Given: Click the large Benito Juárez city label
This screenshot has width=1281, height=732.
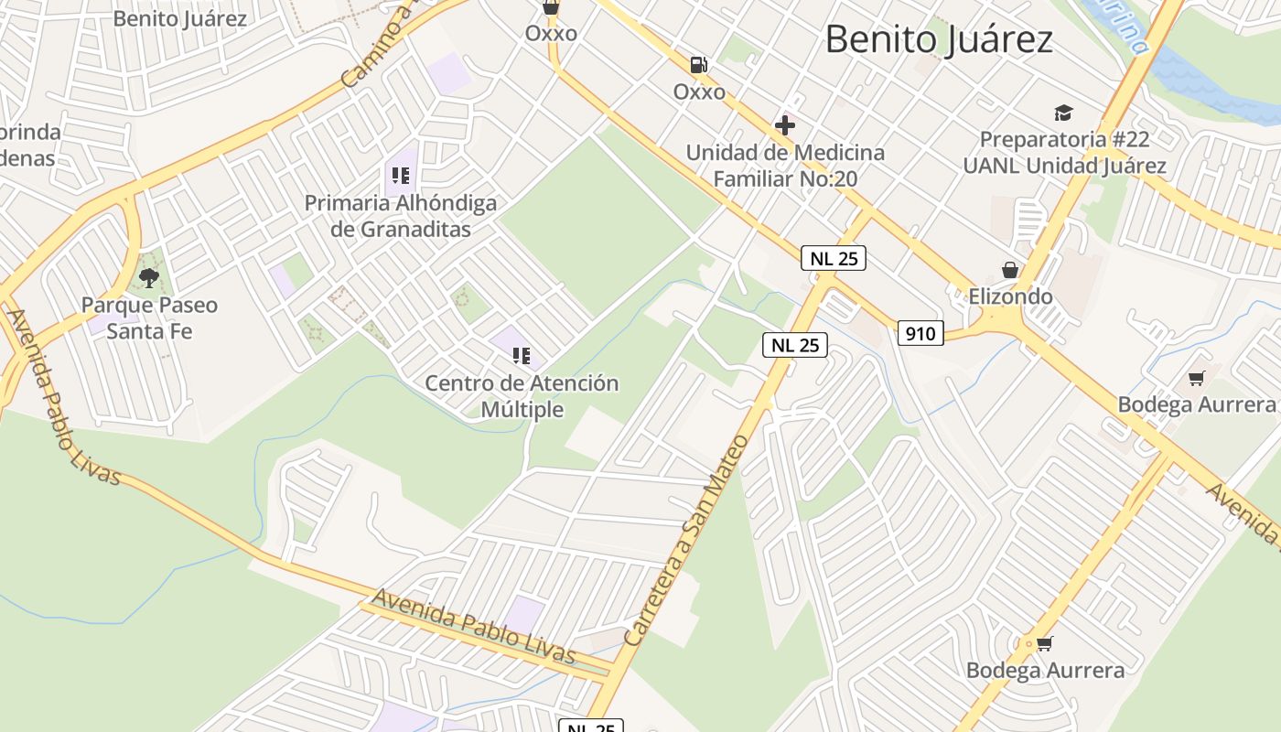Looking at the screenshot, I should tap(939, 40).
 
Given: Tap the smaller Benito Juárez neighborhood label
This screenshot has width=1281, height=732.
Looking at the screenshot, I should tap(180, 18).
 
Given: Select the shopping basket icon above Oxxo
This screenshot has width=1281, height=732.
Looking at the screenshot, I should tap(551, 7).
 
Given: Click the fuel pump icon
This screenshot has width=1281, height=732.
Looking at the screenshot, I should tap(699, 65).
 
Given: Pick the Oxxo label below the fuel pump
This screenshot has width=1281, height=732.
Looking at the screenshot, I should tap(699, 91).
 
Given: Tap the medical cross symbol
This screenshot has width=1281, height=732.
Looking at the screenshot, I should tap(785, 125).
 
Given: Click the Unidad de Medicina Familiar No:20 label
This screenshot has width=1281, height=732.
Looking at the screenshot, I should tap(785, 166).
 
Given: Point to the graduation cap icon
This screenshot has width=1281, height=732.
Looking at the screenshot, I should tap(1063, 113).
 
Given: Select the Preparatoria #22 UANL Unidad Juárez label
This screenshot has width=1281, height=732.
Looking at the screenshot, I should tap(1064, 153).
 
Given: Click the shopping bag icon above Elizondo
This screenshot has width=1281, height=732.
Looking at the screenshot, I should tap(1010, 270).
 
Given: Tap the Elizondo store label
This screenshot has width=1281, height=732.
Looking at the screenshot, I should tap(1010, 296).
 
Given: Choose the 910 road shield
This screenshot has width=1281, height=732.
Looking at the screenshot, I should tap(920, 333).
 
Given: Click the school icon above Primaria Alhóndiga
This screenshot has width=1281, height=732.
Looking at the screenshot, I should tap(400, 176).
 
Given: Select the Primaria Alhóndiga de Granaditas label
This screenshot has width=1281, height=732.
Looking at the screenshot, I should tap(401, 216).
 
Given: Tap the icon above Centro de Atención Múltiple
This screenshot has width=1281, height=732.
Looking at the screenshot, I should tap(522, 356).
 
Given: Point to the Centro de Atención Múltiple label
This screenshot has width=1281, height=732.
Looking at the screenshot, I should tap(522, 396).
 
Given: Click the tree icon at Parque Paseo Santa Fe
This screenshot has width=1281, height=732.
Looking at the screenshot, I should tap(149, 277).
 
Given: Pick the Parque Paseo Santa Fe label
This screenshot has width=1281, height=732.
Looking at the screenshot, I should tap(149, 318).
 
